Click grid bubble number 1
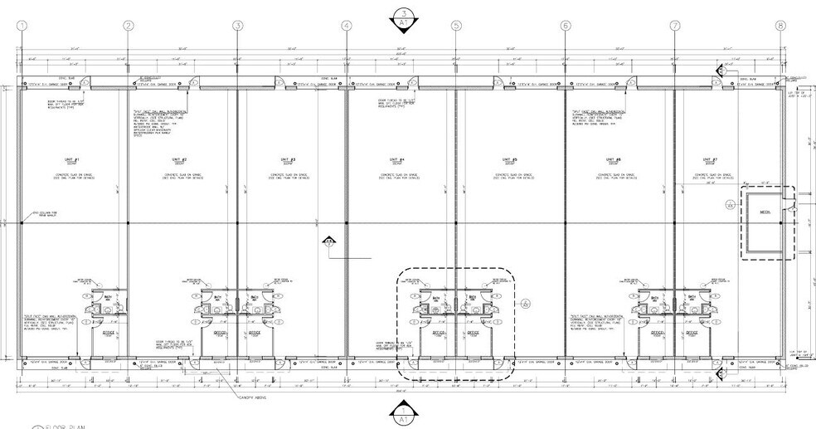pyautogui.click(x=21, y=26)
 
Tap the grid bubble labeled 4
pyautogui.click(x=347, y=26)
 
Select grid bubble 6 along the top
pyautogui.click(x=566, y=26)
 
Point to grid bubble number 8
pyautogui.click(x=780, y=26)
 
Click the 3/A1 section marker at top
pyautogui.click(x=403, y=17)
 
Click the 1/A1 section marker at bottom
pyautogui.click(x=403, y=412)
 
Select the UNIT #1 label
pyautogui.click(x=71, y=160)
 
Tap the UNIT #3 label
pyautogui.click(x=289, y=160)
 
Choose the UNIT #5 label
pyautogui.click(x=509, y=160)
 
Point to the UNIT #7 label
pyautogui.click(x=710, y=160)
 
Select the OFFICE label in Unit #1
pyautogui.click(x=108, y=332)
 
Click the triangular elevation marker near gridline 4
pyautogui.click(x=329, y=241)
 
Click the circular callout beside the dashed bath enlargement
pyautogui.click(x=526, y=305)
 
